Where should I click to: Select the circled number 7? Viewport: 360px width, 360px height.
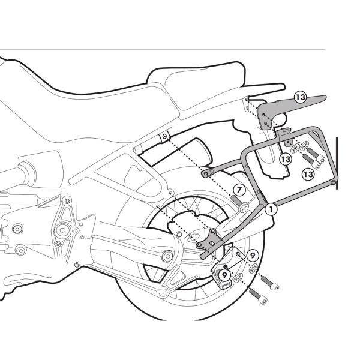[x=238, y=190]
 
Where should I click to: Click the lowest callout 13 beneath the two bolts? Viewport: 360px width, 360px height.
[x=308, y=173]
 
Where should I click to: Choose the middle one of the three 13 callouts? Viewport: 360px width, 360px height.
[x=286, y=159]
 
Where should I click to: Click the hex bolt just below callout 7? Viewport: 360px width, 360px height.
[x=245, y=208]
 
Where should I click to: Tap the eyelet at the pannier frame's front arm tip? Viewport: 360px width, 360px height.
[x=206, y=173]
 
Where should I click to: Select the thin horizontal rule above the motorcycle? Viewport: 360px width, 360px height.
[x=162, y=50]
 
